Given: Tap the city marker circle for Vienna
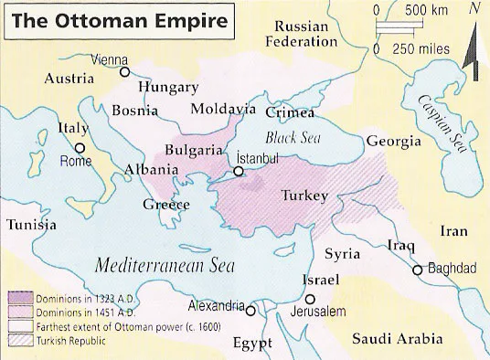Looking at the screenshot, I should [x=125, y=71].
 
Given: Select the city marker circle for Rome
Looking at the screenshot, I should [x=80, y=146].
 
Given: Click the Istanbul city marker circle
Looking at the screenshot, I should [x=239, y=170].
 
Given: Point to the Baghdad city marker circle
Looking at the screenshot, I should [x=418, y=270].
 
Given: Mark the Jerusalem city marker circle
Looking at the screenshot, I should [x=311, y=299].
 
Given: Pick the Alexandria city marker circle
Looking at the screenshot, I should [x=250, y=311].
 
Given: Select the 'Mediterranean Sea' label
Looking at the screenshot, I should [x=165, y=266].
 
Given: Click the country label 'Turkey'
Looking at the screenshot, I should [x=304, y=196].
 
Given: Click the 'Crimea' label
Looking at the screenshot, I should [x=289, y=112].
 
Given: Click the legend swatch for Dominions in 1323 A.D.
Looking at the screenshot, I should [x=19, y=297].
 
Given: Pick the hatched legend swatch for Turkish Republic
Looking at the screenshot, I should [x=19, y=342].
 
